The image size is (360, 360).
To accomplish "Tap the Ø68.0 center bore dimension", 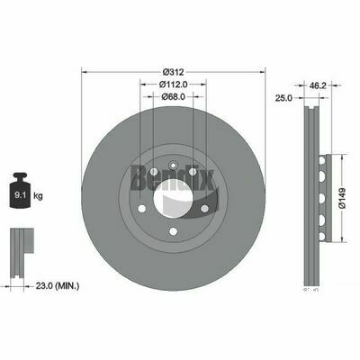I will pos(175,96).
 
